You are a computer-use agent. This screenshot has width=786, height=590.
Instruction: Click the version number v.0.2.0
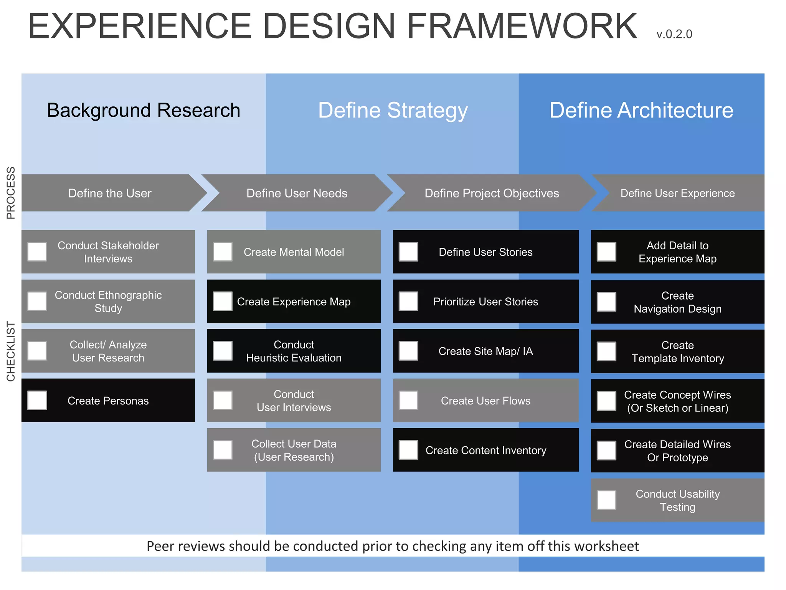[x=674, y=34]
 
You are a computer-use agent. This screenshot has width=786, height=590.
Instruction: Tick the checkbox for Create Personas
[x=37, y=400]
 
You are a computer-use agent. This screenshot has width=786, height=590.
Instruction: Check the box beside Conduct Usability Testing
[x=606, y=500]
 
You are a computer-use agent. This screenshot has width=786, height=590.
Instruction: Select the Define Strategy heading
[x=393, y=110]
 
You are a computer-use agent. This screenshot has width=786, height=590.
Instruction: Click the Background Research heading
[x=144, y=110]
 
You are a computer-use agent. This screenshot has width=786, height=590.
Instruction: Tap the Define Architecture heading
[x=641, y=110]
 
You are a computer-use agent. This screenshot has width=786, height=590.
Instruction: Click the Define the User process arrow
[x=110, y=193]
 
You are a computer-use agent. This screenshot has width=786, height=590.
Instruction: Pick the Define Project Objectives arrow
[x=491, y=193]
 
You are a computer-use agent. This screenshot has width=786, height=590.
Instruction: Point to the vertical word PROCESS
[x=11, y=193]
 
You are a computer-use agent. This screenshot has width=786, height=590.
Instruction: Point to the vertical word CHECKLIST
[x=11, y=351]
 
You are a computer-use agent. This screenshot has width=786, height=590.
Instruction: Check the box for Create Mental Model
[x=223, y=252]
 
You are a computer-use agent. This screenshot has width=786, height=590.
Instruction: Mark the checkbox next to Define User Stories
[x=408, y=252]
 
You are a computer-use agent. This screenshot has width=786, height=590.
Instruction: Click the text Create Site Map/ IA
[x=485, y=351]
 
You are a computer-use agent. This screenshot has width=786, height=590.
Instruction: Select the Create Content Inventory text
[x=485, y=450]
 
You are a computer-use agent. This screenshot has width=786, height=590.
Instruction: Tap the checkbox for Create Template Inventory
[x=606, y=351]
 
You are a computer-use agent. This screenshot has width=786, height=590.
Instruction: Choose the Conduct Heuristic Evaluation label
[x=294, y=351]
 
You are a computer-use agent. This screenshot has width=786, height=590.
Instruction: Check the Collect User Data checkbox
[x=223, y=450]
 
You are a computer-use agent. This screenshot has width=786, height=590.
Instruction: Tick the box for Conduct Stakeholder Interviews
[x=37, y=252]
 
